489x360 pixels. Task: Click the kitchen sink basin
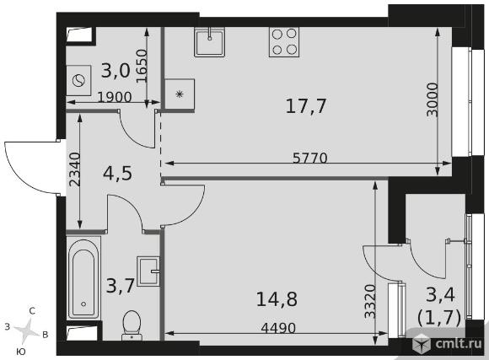pos(209,42)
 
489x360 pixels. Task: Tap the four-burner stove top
pos(284,42)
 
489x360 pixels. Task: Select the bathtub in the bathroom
pos(83,277)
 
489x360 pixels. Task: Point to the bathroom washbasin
pos(148,271)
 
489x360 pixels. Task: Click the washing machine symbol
pos(78,80)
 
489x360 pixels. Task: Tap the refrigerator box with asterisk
pos(180,94)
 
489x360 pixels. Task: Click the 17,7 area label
pos(305,105)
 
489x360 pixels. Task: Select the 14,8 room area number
pos(277,298)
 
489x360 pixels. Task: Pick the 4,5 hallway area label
pos(117,174)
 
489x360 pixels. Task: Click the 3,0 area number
pos(116,71)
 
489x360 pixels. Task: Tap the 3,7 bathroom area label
pos(121,286)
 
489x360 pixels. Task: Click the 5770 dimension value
pos(310,159)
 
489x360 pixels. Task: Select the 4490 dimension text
pos(278,328)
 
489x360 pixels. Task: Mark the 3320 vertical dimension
pos(370,301)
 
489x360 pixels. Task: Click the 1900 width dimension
pos(115,97)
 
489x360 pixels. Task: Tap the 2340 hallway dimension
pos(74,169)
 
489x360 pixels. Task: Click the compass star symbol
pos(27,330)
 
